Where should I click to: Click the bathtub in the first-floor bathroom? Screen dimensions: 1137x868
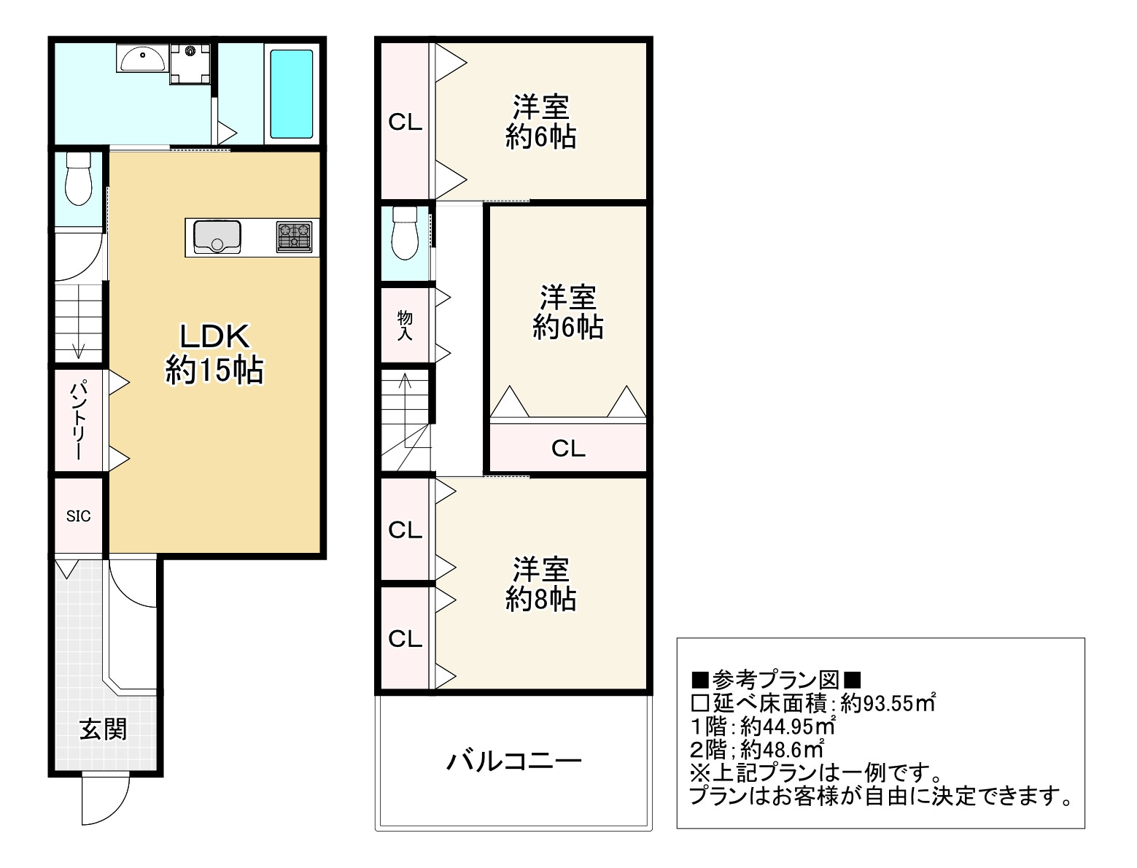click(x=291, y=94)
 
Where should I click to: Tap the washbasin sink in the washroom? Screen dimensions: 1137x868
click(x=143, y=58)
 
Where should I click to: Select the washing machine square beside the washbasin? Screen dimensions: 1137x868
click(x=190, y=63)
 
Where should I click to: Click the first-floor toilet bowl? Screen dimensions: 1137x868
click(x=78, y=178)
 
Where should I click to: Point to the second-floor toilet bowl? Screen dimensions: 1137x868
click(x=405, y=233)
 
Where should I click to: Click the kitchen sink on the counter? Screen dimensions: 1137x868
click(x=217, y=237)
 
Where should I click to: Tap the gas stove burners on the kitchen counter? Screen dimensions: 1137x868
click(x=294, y=236)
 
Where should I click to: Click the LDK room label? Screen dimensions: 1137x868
click(x=214, y=337)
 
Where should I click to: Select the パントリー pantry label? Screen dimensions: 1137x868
click(x=78, y=420)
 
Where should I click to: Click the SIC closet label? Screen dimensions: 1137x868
click(x=78, y=516)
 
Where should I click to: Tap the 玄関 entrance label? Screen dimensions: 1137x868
click(x=103, y=729)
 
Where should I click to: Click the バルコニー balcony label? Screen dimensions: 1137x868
click(x=514, y=762)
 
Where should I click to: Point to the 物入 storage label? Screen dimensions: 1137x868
click(x=405, y=325)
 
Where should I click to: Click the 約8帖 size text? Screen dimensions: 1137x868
click(x=540, y=599)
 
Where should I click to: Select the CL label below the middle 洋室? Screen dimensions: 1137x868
click(x=568, y=449)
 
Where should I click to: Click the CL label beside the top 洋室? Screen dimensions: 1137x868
click(x=405, y=123)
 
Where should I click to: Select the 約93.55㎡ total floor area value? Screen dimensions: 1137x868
click(x=888, y=703)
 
